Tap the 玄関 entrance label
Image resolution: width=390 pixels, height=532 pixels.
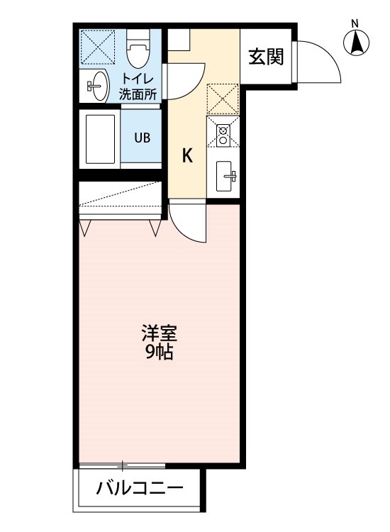click(x=266, y=57)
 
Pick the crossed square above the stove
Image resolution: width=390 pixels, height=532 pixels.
click(x=222, y=99)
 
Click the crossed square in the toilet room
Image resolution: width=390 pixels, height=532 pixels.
click(x=96, y=47)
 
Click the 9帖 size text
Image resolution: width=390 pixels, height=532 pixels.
click(x=159, y=353)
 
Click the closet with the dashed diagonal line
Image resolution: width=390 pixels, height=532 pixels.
click(x=121, y=194)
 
